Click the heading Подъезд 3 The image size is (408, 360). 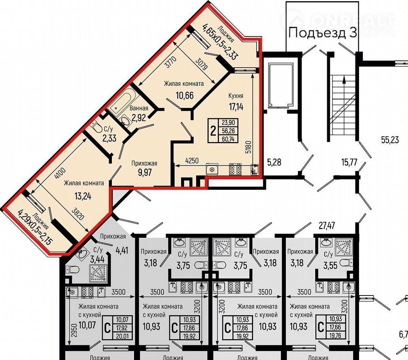(322, 33)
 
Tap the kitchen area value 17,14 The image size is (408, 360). (236, 106)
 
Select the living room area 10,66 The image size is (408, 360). (185, 95)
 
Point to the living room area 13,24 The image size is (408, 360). (83, 196)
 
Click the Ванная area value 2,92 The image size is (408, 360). (139, 118)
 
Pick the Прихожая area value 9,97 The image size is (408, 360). (145, 172)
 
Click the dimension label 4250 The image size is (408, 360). (192, 161)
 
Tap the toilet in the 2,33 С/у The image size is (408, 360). (97, 127)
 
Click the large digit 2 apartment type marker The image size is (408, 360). (213, 131)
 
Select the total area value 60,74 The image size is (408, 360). (228, 139)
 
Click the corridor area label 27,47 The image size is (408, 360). (327, 225)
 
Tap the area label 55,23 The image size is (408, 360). (390, 140)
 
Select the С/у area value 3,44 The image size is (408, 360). (97, 259)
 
